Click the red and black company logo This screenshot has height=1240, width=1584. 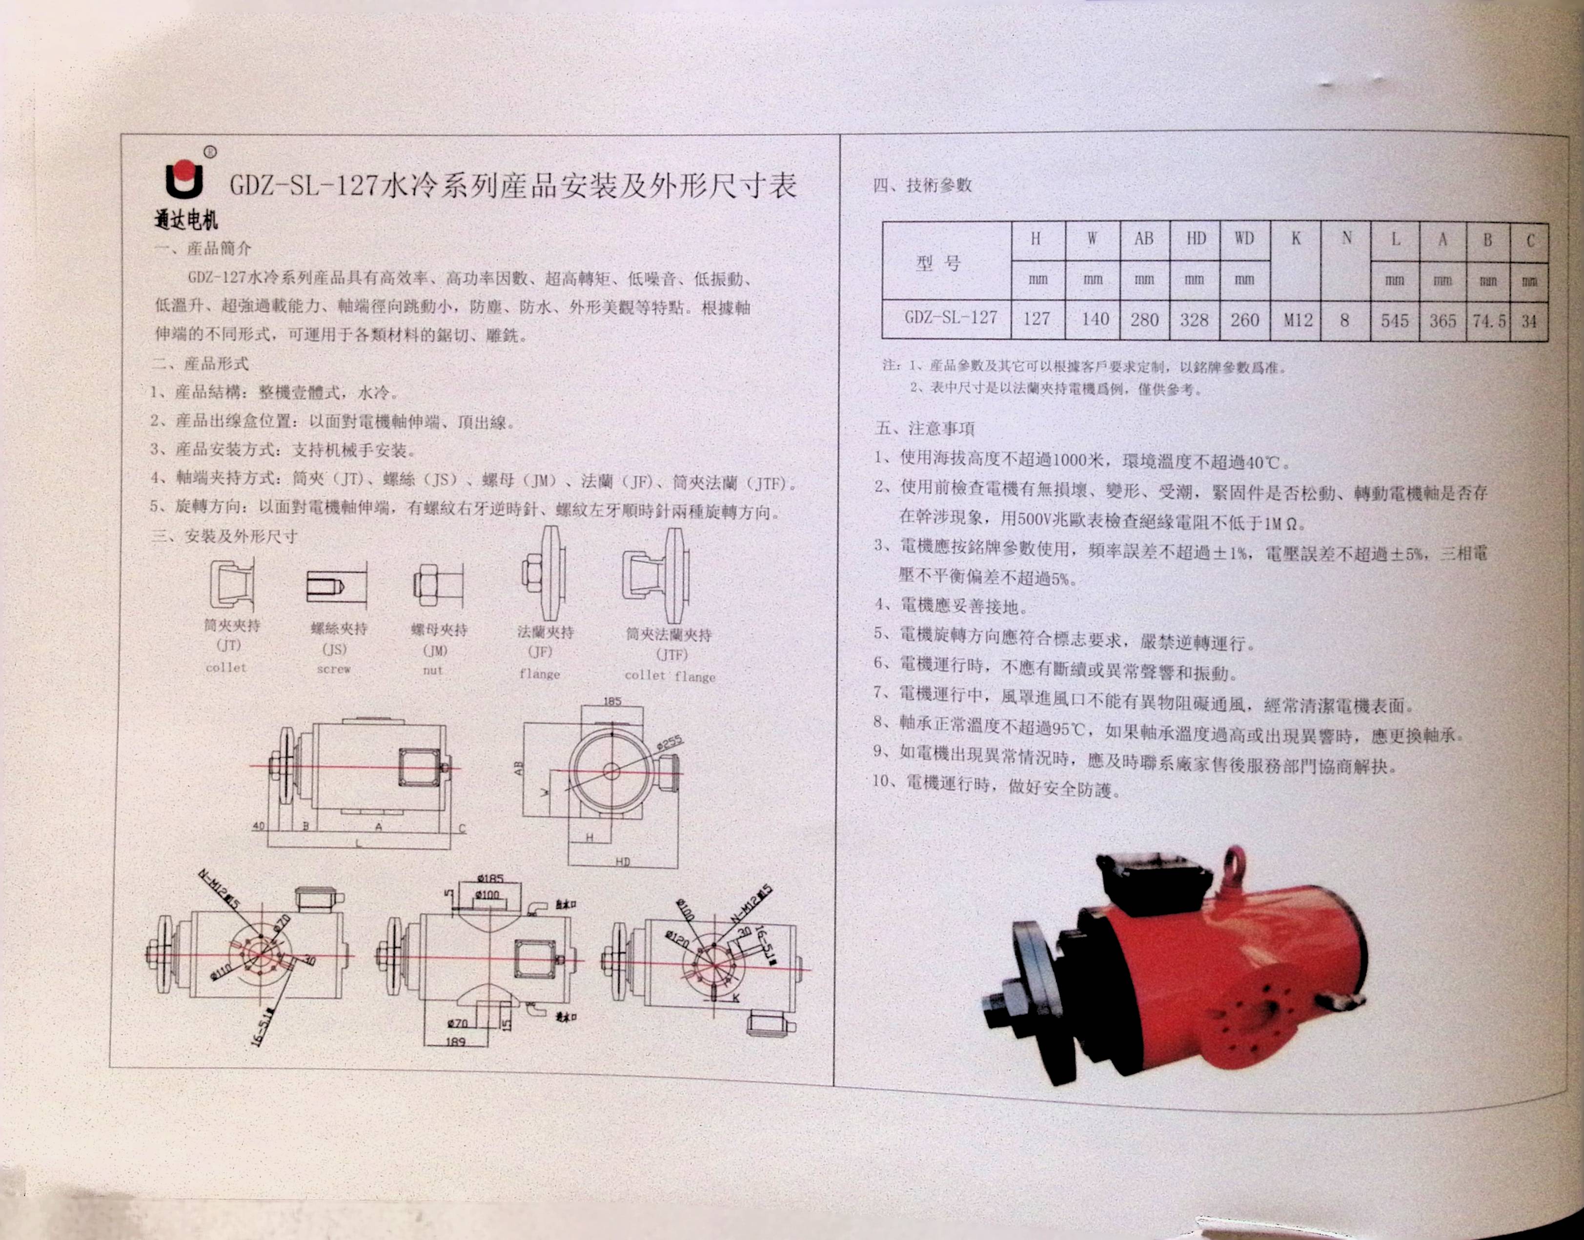[184, 178]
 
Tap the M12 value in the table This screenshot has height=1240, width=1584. [1297, 320]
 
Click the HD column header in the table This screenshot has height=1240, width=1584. [1196, 239]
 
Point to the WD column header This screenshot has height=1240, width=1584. [1244, 239]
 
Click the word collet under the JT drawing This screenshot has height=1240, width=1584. [226, 667]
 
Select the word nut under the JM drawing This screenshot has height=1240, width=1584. [433, 670]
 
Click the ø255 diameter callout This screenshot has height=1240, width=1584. [669, 743]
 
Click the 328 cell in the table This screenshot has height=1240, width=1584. [1194, 320]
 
